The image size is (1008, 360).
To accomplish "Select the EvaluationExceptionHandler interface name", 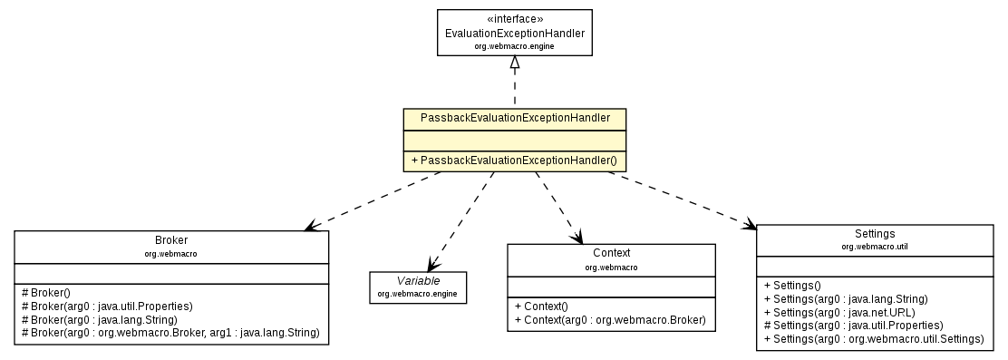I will point(514,34).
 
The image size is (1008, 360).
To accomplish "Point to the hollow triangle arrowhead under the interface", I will point(514,63).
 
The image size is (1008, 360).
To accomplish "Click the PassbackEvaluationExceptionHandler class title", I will point(514,120).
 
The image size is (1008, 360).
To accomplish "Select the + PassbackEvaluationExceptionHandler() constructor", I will point(514,161).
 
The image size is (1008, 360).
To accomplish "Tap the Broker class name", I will point(170,239).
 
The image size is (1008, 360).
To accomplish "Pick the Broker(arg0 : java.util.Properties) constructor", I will point(107,306).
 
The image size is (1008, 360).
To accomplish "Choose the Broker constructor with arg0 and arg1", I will point(170,333).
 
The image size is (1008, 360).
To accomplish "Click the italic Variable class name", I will point(418,281).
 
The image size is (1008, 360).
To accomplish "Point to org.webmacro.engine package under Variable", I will point(418,294).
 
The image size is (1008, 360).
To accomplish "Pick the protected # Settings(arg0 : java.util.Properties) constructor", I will point(853,325).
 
